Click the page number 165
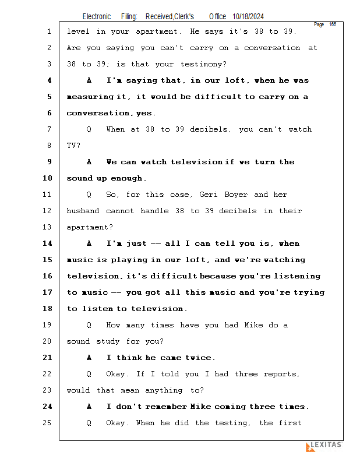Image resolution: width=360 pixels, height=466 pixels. pyautogui.click(x=333, y=24)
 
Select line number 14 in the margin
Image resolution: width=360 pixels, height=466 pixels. pyautogui.click(x=48, y=243)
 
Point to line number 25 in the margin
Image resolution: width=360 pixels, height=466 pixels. pyautogui.click(x=48, y=423)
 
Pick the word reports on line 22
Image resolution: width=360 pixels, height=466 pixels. pyautogui.click(x=280, y=374)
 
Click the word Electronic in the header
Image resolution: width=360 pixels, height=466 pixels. pyautogui.click(x=97, y=17)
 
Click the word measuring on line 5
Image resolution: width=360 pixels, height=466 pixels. pyautogui.click(x=89, y=97)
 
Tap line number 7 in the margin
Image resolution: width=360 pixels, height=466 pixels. pyautogui.click(x=48, y=129)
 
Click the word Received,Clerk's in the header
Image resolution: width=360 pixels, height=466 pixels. pyautogui.click(x=170, y=17)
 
